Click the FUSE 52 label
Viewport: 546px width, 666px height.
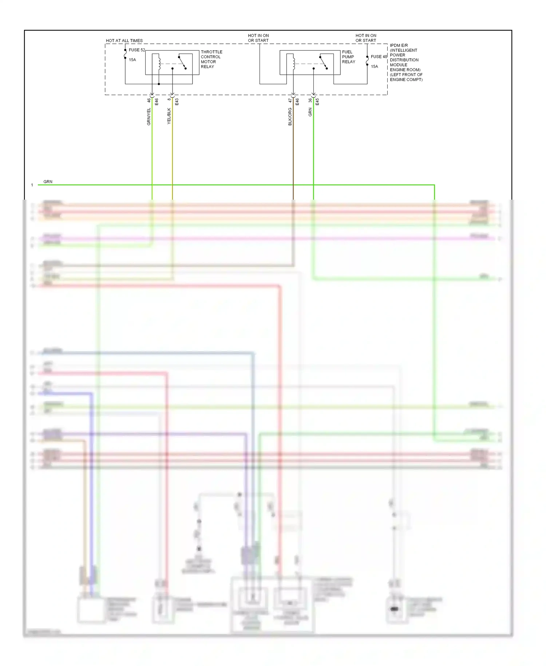tap(136, 50)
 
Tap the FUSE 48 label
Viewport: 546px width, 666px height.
tap(379, 56)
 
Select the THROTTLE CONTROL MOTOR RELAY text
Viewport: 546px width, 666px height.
tap(211, 59)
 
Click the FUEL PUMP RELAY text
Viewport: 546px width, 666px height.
tap(348, 57)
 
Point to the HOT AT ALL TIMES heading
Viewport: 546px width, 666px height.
tap(124, 40)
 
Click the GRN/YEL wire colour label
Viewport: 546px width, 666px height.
tap(149, 117)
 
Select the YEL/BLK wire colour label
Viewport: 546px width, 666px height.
tap(169, 116)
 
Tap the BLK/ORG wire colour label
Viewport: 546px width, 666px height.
tap(290, 117)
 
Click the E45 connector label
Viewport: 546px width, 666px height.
tap(317, 102)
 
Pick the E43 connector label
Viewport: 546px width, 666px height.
tap(177, 102)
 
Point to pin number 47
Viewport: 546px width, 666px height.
tap(290, 100)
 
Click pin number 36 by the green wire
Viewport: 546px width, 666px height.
tap(310, 100)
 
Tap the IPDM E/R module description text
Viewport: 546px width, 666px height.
tap(406, 62)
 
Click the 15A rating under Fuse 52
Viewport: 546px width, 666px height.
tap(132, 60)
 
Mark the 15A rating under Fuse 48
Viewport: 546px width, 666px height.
tap(374, 66)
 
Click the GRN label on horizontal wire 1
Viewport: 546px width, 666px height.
tap(48, 181)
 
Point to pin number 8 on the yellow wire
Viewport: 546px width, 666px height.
tap(169, 99)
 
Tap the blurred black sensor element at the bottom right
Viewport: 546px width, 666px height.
tap(394, 609)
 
